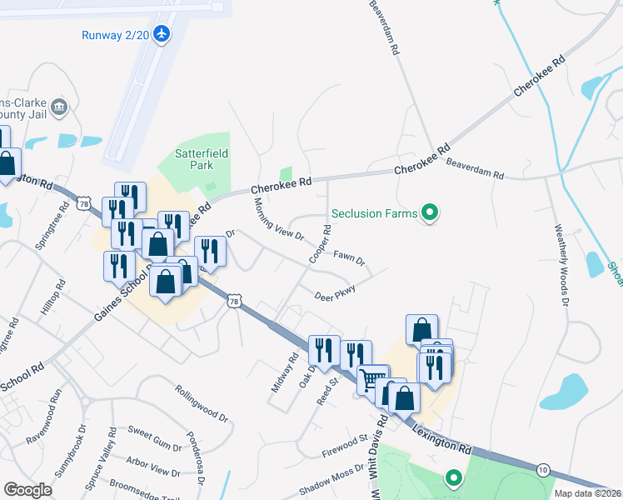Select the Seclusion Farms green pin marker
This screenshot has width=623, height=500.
(430, 213)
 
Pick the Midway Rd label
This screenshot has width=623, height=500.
(284, 374)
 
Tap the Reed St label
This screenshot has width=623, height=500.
(326, 391)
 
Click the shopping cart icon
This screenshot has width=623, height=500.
(372, 379)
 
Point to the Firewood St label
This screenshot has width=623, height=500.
(345, 446)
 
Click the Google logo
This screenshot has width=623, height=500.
(27, 489)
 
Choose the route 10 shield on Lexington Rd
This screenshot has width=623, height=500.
(543, 470)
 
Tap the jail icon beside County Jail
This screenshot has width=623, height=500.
(59, 106)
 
